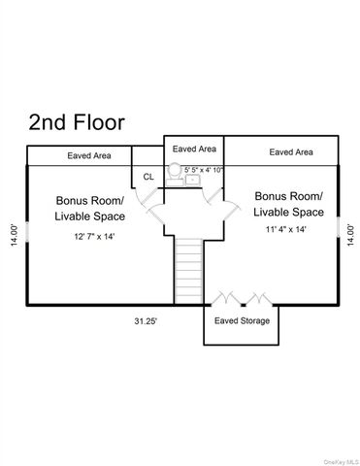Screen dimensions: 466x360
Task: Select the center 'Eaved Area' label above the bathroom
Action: pos(194,149)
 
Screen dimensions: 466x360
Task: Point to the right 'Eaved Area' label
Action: pos(290,152)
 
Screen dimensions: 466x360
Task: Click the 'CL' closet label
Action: pos(148,177)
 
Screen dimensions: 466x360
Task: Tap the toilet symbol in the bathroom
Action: pos(175,172)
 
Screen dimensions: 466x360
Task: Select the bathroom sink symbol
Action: pos(192,180)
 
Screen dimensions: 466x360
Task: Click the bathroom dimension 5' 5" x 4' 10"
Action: pos(205,170)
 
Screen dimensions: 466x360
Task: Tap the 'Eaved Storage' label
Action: pos(242,321)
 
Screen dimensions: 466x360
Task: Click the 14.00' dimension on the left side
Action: pos(15,237)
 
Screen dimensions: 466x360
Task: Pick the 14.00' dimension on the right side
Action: pos(350,237)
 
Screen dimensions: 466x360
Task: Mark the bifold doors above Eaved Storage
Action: pos(240,297)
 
